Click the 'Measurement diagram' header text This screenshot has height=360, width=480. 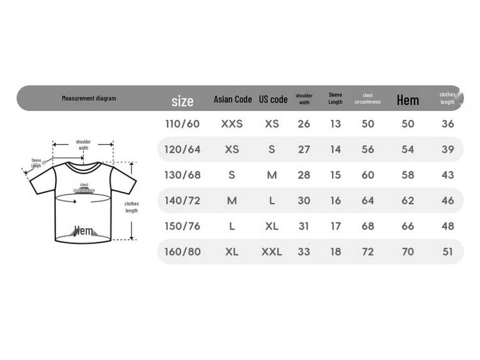pyautogui.click(x=89, y=98)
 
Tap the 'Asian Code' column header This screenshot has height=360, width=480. pyautogui.click(x=232, y=99)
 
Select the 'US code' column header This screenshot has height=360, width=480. pyautogui.click(x=273, y=99)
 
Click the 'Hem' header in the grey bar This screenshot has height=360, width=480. pyautogui.click(x=408, y=100)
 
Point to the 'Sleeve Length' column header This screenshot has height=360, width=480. pyautogui.click(x=335, y=98)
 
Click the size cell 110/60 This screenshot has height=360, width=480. pyautogui.click(x=182, y=124)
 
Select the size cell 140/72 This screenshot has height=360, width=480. pyautogui.click(x=182, y=201)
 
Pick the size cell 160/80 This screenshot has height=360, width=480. pyautogui.click(x=182, y=252)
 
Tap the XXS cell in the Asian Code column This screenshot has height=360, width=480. pyautogui.click(x=232, y=124)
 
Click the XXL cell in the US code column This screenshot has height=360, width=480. pyautogui.click(x=272, y=252)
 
